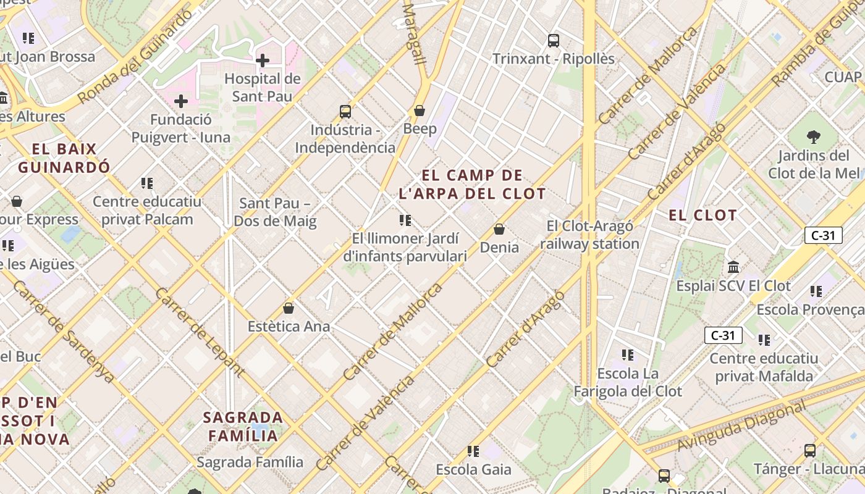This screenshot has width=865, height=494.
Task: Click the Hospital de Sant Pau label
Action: pos(263,87)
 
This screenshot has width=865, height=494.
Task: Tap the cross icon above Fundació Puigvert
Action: pos(181,101)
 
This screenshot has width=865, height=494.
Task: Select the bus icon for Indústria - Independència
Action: pos(345,112)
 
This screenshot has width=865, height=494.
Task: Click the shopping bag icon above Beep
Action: pos(420,111)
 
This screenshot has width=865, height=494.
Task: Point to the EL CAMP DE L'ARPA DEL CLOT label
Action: pos(473,185)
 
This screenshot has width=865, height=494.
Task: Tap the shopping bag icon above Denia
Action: pos(499,230)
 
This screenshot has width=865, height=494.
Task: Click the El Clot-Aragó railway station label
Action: pos(589,235)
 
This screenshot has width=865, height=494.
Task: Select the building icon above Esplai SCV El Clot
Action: pos(733,267)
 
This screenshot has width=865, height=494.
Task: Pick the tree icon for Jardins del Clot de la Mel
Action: pos(814,136)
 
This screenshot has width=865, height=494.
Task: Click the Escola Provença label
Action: pos(810,309)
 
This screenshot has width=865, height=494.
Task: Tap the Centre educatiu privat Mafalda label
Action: pos(764,367)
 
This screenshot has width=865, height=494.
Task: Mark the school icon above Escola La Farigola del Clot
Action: pos(628,355)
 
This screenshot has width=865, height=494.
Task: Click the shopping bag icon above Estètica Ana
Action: pos(289,308)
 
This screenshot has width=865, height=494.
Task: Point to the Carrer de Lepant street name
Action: pos(200,331)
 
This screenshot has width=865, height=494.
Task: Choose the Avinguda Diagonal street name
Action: pos(741,426)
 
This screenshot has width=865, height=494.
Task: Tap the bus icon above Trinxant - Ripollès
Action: pos(554,41)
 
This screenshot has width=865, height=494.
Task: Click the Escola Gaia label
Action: pos(473,469)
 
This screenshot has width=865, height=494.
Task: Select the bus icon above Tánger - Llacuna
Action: pos(810,451)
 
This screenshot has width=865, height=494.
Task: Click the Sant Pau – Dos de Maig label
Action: pos(275,212)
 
